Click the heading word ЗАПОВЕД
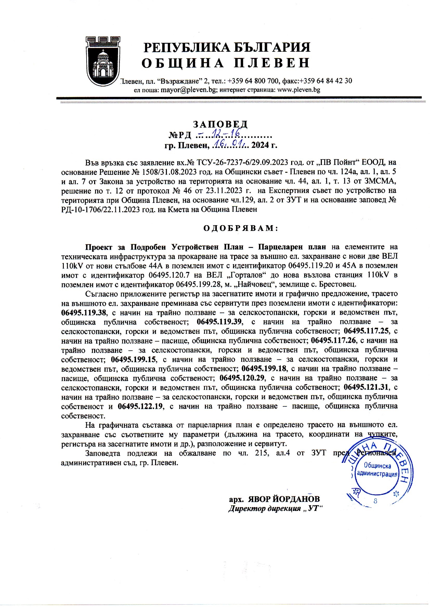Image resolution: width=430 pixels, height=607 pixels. coord(220,124)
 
